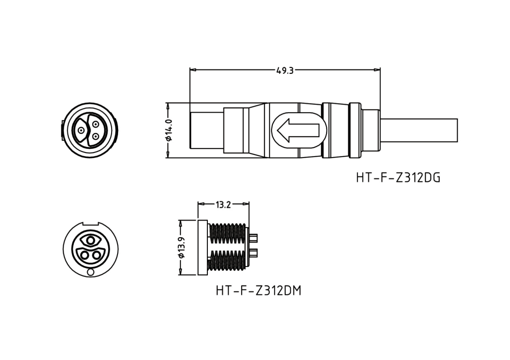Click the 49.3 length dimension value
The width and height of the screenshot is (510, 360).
pos(284,71)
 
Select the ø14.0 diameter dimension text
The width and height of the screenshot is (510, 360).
pos(168,131)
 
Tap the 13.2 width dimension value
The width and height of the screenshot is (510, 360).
pos(223,204)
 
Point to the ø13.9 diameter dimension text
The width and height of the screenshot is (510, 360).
pos(182,248)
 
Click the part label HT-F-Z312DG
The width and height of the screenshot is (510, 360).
pos(398,178)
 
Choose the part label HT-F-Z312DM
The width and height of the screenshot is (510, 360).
pos(258,291)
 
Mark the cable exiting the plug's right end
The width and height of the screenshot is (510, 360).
pos(419,131)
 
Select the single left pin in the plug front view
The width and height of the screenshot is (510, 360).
pos(81,131)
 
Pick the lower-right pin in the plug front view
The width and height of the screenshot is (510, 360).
pos(95,136)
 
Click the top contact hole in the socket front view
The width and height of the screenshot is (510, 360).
pos(90,240)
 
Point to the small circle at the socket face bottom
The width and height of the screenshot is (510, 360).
pos(90,273)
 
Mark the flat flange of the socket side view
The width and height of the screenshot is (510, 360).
pos(202,248)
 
